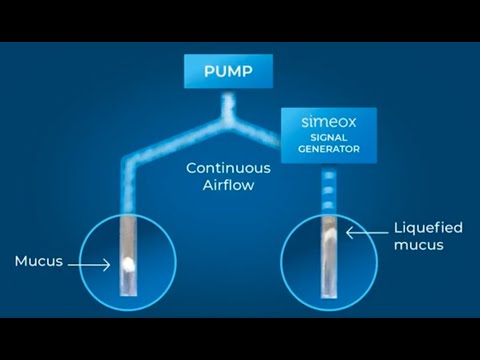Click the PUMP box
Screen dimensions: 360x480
click(x=228, y=72)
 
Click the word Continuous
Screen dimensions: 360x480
click(x=228, y=168)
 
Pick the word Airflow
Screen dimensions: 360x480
click(x=228, y=185)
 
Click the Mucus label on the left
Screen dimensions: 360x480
click(x=39, y=262)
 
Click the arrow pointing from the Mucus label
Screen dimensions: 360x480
click(x=91, y=264)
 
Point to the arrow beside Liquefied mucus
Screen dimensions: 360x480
click(x=357, y=233)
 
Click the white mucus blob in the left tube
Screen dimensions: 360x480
click(x=128, y=264)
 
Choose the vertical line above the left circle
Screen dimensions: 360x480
click(x=127, y=195)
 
